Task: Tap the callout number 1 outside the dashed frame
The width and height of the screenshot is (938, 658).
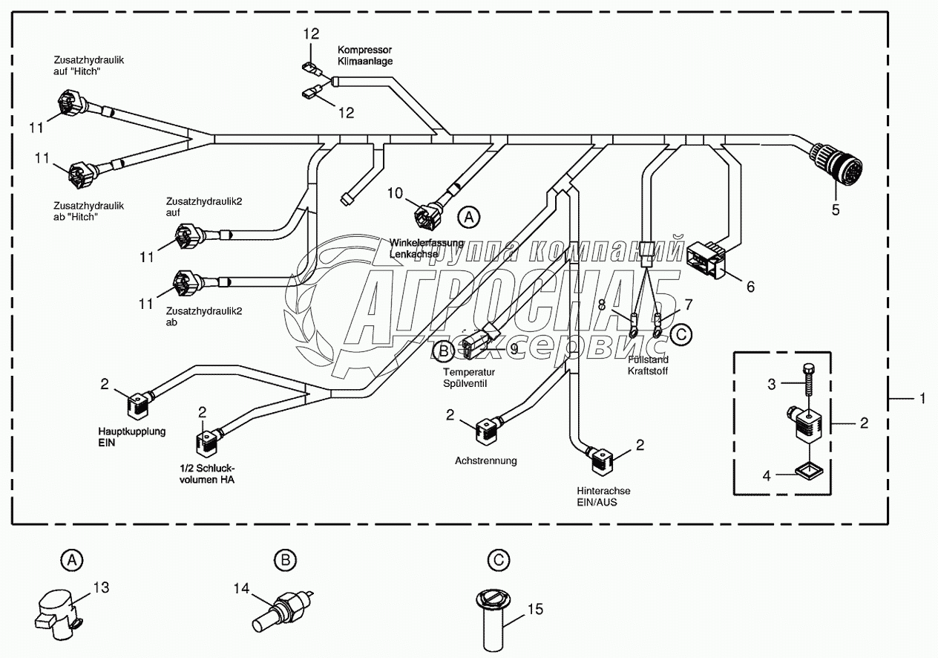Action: click(x=922, y=399)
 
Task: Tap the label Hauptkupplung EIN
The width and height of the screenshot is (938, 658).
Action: click(x=132, y=436)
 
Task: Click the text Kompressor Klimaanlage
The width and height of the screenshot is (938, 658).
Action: click(x=366, y=55)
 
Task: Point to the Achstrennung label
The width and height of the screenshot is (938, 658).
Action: click(x=486, y=460)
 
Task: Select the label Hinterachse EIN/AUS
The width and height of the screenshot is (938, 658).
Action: click(x=604, y=497)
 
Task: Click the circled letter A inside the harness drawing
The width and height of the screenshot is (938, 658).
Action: click(x=468, y=217)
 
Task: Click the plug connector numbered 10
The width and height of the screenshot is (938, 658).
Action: click(x=427, y=216)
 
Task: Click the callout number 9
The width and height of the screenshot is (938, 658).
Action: click(x=514, y=348)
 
